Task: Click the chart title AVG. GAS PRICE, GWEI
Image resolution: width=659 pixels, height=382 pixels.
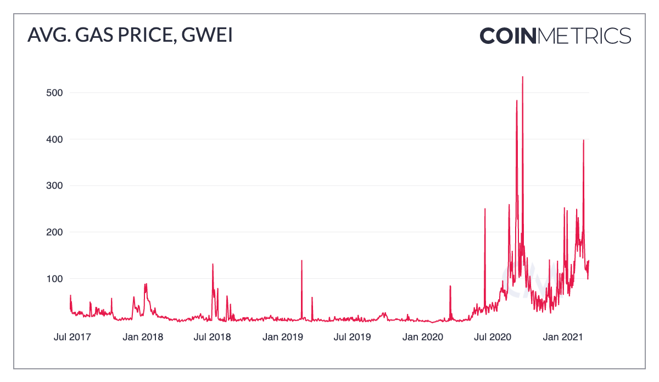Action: point(130,36)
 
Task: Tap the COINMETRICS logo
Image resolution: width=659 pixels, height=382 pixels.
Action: point(555,36)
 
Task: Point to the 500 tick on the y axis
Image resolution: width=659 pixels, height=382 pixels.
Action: point(54,93)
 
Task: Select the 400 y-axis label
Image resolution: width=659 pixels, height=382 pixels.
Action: point(54,139)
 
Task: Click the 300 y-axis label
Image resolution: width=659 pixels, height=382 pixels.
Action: point(54,186)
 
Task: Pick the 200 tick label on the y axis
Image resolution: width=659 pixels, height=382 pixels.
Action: point(54,232)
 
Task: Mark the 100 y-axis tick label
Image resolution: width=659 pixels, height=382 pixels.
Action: point(54,279)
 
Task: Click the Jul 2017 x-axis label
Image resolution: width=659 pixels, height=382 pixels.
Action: point(72,336)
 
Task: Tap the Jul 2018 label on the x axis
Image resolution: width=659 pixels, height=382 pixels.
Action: point(212,336)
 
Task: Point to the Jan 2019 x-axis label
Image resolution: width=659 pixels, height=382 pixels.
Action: point(282,336)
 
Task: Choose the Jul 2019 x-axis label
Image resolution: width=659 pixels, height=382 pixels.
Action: point(351,336)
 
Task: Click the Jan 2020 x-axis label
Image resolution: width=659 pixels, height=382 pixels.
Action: point(422,336)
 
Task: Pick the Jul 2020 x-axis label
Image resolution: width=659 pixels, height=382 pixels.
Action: point(492,336)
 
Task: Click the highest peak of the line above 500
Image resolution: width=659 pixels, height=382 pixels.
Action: point(522,77)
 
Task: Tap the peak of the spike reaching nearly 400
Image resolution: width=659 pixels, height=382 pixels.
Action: point(583,141)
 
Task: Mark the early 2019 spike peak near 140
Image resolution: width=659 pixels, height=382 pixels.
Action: point(301,261)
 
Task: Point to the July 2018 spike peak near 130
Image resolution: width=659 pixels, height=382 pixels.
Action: point(213,265)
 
